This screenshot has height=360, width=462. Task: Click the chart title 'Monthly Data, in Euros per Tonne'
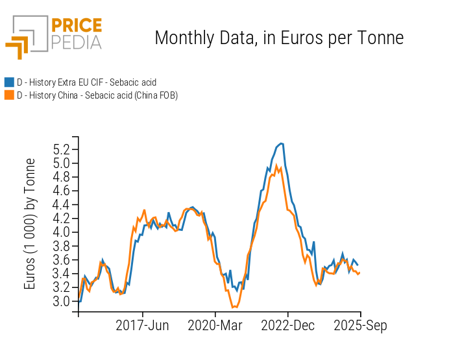pos(279,38)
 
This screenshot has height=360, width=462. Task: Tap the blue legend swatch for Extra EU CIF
pos(9,82)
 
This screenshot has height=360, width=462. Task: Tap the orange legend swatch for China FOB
pos(9,95)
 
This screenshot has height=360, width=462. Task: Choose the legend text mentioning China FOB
pos(97,95)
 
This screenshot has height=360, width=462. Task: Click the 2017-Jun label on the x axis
pos(142,326)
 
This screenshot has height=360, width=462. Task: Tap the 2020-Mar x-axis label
pos(215,326)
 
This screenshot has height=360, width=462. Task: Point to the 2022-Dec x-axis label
pos(288,326)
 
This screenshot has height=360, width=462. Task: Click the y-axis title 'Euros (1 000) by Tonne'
pos(30,224)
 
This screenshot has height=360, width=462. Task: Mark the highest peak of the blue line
pos(280,143)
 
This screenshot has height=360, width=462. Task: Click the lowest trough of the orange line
pos(234,307)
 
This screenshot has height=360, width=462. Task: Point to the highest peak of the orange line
pos(276,165)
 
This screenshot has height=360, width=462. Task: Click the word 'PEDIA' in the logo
pos(77,43)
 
